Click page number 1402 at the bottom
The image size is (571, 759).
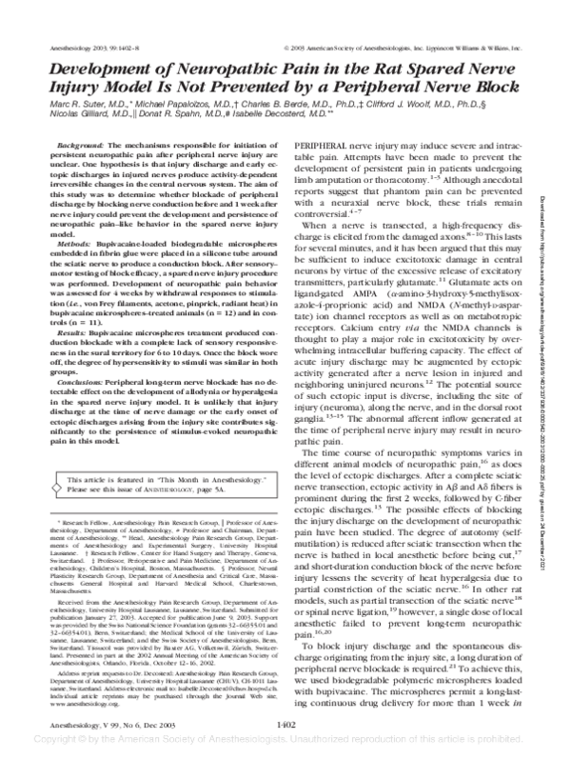[286, 724]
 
